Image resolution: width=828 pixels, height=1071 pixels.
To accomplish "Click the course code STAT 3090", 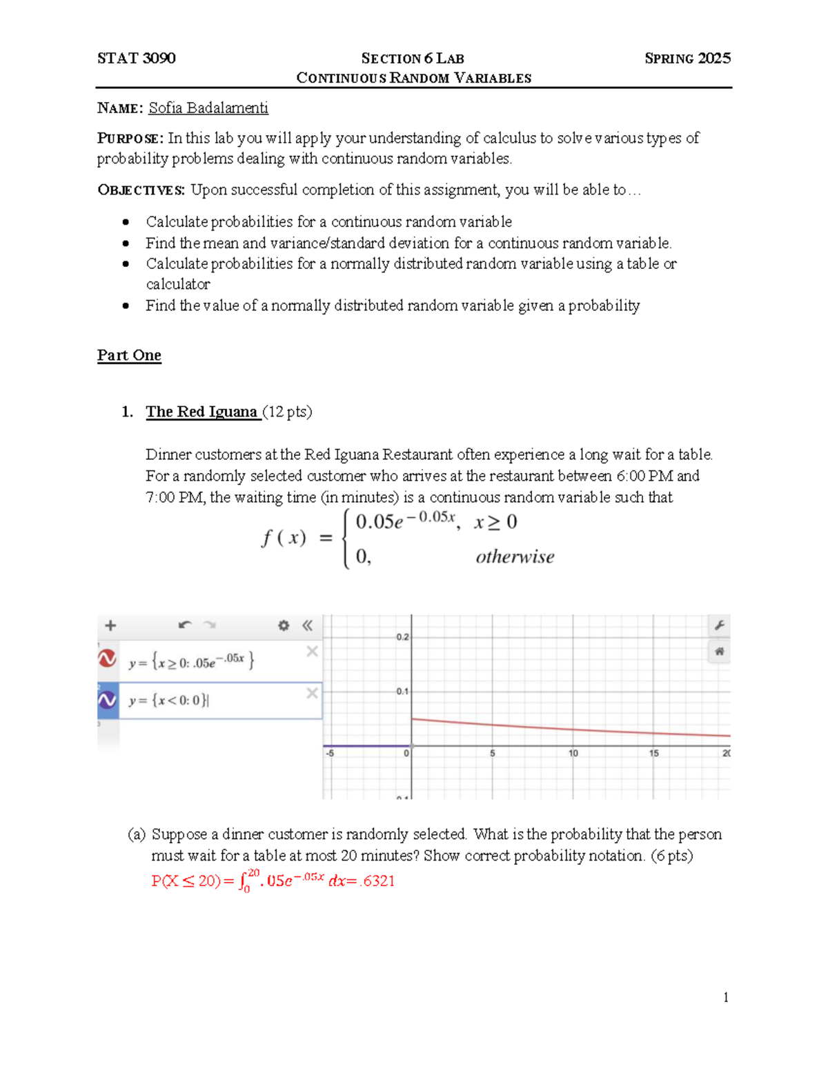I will [136, 58].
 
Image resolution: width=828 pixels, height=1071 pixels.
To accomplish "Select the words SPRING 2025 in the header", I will [687, 58].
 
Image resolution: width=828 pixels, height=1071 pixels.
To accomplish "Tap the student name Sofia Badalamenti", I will [208, 108].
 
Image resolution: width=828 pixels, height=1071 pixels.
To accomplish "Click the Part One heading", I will [129, 355].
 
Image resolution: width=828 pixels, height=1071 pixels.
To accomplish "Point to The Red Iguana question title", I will [201, 412].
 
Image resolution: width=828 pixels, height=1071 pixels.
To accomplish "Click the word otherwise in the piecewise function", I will [515, 557].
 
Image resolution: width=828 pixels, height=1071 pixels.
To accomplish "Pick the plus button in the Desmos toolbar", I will [110, 625].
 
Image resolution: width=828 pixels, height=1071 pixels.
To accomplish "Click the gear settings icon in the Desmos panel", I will [284, 625].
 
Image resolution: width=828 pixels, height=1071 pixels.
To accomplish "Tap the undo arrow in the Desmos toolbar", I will [184, 625].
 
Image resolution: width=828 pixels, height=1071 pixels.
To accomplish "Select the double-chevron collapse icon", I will [307, 625].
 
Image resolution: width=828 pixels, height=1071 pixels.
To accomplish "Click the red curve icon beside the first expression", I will [107, 659].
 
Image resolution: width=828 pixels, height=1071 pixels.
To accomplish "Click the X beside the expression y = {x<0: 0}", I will [312, 693].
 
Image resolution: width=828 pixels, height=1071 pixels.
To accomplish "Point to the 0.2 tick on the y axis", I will [402, 637].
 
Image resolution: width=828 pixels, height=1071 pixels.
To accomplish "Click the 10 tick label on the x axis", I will [573, 754].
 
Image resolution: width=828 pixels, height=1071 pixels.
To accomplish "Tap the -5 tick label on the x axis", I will [330, 754].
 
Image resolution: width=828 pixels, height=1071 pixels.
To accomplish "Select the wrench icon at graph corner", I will [719, 625].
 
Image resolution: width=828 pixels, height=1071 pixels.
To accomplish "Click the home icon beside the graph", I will [719, 651].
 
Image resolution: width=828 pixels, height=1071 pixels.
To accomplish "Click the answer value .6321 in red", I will [378, 881].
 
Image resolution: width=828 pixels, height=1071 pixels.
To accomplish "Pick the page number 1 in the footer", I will [726, 997].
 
